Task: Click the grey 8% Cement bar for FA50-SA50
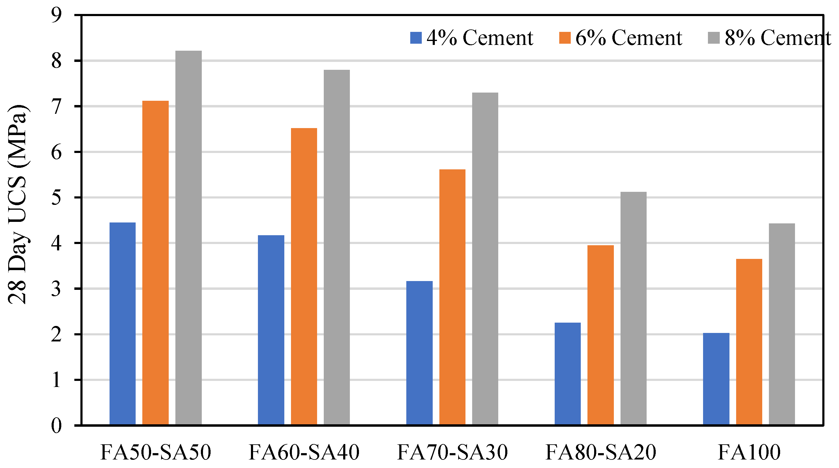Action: [x=188, y=237]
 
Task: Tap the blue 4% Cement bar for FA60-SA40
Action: [x=271, y=330]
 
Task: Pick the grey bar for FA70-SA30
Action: [x=485, y=259]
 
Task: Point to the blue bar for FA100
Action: [x=716, y=379]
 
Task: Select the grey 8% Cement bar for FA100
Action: [x=782, y=324]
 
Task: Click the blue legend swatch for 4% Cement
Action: [x=416, y=38]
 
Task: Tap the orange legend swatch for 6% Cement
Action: [x=564, y=38]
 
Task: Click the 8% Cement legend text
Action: [x=777, y=38]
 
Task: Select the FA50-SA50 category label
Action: [x=155, y=452]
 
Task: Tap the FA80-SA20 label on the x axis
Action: [x=600, y=452]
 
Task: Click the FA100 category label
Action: [x=749, y=452]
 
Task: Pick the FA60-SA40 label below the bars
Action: [x=303, y=452]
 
